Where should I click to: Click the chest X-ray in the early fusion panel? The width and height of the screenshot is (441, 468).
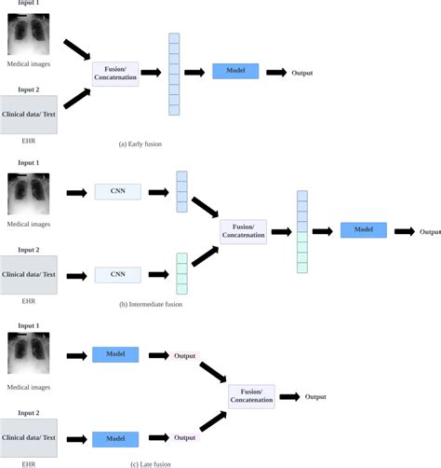[x=29, y=35]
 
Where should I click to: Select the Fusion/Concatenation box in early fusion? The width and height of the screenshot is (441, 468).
[x=115, y=72]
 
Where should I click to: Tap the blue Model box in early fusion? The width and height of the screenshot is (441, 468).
[x=234, y=71]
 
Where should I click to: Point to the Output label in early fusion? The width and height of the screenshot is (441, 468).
[x=302, y=72]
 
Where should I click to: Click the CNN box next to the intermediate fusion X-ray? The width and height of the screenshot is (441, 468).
[x=117, y=192]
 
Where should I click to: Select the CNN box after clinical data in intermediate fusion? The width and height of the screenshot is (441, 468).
[x=117, y=275]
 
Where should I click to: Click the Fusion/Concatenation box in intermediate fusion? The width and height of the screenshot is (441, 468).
[x=243, y=231]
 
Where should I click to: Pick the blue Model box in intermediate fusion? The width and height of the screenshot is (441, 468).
[x=363, y=230]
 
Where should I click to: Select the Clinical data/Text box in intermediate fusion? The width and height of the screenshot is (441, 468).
[x=29, y=275]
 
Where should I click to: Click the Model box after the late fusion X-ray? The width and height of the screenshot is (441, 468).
[x=115, y=355]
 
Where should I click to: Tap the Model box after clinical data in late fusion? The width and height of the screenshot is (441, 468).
[x=115, y=438]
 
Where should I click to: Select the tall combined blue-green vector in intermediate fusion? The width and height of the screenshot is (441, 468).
[x=302, y=231]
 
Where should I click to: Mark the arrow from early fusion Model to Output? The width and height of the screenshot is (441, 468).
[x=275, y=72]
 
